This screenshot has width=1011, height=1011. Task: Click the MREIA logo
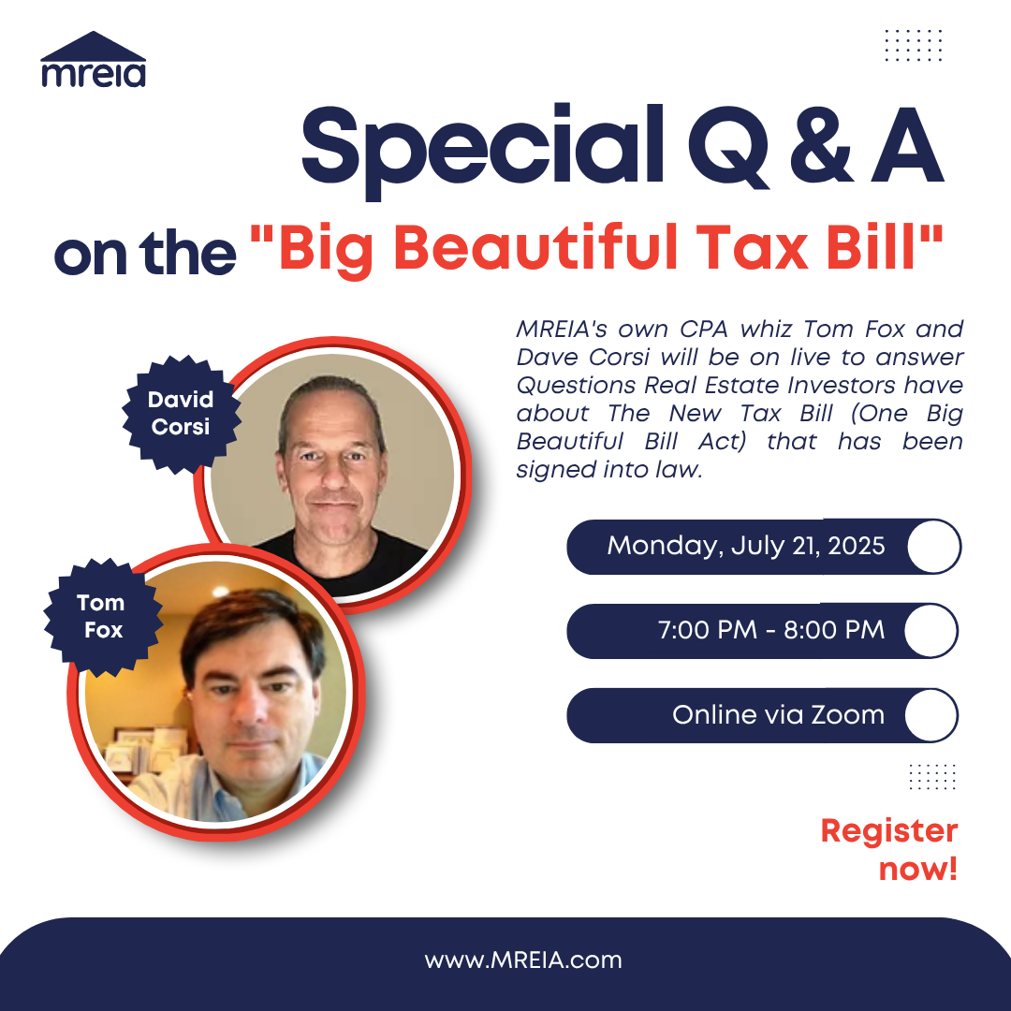pos(94,59)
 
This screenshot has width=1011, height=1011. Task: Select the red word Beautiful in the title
pos(535,247)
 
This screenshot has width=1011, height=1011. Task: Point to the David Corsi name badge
pos(182,414)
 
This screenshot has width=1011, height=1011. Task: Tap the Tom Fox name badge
pos(103,616)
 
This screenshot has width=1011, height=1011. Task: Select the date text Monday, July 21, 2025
pos(746,546)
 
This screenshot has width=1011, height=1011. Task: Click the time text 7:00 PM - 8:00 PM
pos(771,630)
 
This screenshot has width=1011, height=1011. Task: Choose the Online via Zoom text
pos(778,715)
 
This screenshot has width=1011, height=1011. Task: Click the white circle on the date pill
pos(934,546)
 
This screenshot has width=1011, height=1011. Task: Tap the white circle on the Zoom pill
pos(931,715)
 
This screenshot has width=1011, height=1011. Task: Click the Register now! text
pos(889,849)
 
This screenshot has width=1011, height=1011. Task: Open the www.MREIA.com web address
pos(523,960)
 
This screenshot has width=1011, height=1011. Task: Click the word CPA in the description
pos(703,329)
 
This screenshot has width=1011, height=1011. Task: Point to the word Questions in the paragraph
pos(576,385)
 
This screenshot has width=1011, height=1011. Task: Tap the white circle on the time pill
pos(931,631)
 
